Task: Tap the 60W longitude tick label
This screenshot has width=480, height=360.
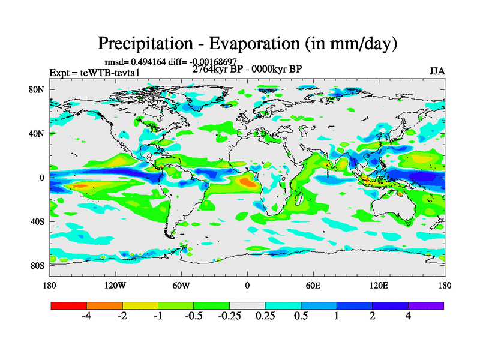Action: point(181,285)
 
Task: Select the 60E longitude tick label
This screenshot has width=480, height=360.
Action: point(313,285)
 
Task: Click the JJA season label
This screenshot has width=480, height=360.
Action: point(437,71)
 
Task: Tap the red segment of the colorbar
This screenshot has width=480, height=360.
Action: point(69,305)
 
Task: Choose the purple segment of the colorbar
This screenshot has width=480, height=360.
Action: point(426,305)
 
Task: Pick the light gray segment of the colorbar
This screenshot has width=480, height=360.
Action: point(247,305)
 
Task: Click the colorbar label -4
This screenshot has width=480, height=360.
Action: point(86,317)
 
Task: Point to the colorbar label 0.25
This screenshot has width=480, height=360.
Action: point(265,317)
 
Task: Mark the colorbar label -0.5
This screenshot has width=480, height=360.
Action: point(194,317)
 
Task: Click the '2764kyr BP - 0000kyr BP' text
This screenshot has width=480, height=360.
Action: point(247,68)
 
